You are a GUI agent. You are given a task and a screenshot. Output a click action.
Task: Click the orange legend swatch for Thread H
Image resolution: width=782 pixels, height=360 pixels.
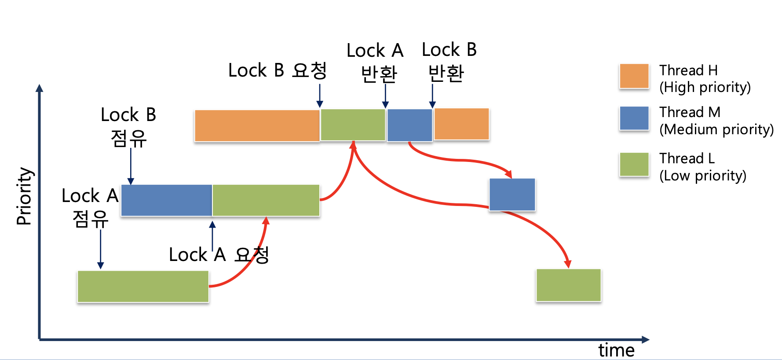[634, 76]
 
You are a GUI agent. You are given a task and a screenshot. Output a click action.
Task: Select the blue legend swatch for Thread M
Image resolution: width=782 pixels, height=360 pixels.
[634, 118]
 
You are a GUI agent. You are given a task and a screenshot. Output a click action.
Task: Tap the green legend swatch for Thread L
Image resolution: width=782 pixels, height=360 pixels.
[634, 164]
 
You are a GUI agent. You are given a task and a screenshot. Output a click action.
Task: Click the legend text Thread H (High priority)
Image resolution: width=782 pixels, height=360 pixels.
[705, 79]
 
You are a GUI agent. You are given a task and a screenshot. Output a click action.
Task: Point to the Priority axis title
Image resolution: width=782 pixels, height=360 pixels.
[24, 196]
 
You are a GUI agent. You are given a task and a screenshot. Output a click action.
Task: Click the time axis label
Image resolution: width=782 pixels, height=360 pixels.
[616, 350]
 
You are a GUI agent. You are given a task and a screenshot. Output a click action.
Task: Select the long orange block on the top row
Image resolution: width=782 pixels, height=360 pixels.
[257, 125]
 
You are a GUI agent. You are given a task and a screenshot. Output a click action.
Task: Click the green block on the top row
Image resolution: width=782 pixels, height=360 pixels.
[353, 125]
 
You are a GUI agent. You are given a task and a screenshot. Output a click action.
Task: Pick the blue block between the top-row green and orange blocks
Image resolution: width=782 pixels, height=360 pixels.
[409, 125]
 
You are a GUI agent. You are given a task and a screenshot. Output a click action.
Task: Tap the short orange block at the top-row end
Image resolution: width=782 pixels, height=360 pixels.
[461, 124]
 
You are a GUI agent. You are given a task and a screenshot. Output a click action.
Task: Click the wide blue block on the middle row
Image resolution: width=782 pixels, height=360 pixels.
[166, 200]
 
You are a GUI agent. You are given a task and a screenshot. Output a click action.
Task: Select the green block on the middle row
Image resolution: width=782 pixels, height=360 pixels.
[266, 200]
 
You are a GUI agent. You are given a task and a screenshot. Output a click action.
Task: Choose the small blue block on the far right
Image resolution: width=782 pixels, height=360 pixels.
[512, 195]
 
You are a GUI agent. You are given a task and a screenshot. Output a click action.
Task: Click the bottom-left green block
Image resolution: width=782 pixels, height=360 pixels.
[143, 287]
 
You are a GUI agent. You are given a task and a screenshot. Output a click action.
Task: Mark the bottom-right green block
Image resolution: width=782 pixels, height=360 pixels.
[568, 285]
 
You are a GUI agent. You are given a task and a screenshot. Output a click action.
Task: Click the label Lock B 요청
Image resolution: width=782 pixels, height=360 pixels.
[277, 70]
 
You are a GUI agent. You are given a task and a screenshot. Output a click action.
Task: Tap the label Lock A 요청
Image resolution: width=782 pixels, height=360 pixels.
[219, 255]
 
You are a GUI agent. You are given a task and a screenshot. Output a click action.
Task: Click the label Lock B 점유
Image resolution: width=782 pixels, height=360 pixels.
[128, 127]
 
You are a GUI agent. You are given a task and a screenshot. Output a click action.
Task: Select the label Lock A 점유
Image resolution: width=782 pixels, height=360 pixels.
[90, 207]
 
